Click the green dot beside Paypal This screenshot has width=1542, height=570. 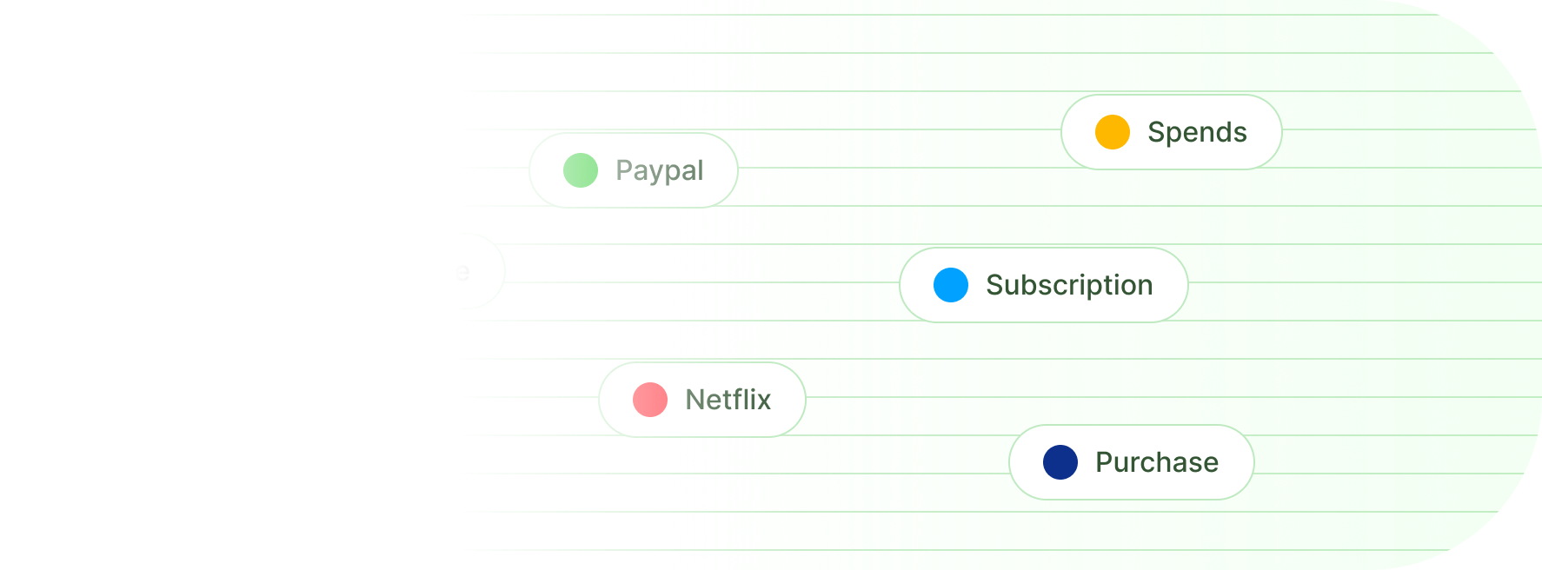point(581,170)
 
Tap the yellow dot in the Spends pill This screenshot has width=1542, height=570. point(1113,132)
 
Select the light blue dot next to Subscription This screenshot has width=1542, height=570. point(951,285)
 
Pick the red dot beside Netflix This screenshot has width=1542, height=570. point(650,400)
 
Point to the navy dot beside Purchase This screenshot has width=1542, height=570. point(1060,462)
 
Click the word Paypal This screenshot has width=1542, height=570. point(659,171)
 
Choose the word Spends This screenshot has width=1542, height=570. point(1197,132)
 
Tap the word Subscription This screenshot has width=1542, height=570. point(1069,286)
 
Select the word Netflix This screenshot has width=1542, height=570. point(728,400)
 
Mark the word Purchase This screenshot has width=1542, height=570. point(1156,462)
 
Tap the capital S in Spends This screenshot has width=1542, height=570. point(1156,132)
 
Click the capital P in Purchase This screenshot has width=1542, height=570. point(1104,462)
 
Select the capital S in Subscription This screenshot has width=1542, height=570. point(994,285)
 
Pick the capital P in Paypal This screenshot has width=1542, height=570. point(624,170)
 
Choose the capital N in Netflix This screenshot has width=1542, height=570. point(695,400)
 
